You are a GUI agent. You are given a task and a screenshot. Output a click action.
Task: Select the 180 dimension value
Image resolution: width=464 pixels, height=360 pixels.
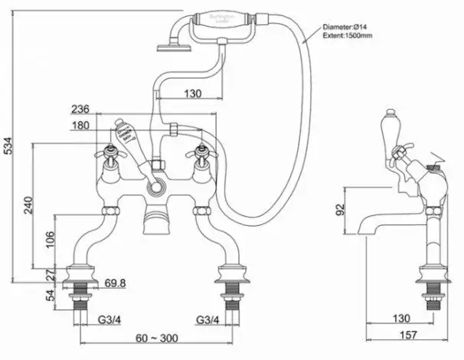pyautogui.click(x=80, y=125)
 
